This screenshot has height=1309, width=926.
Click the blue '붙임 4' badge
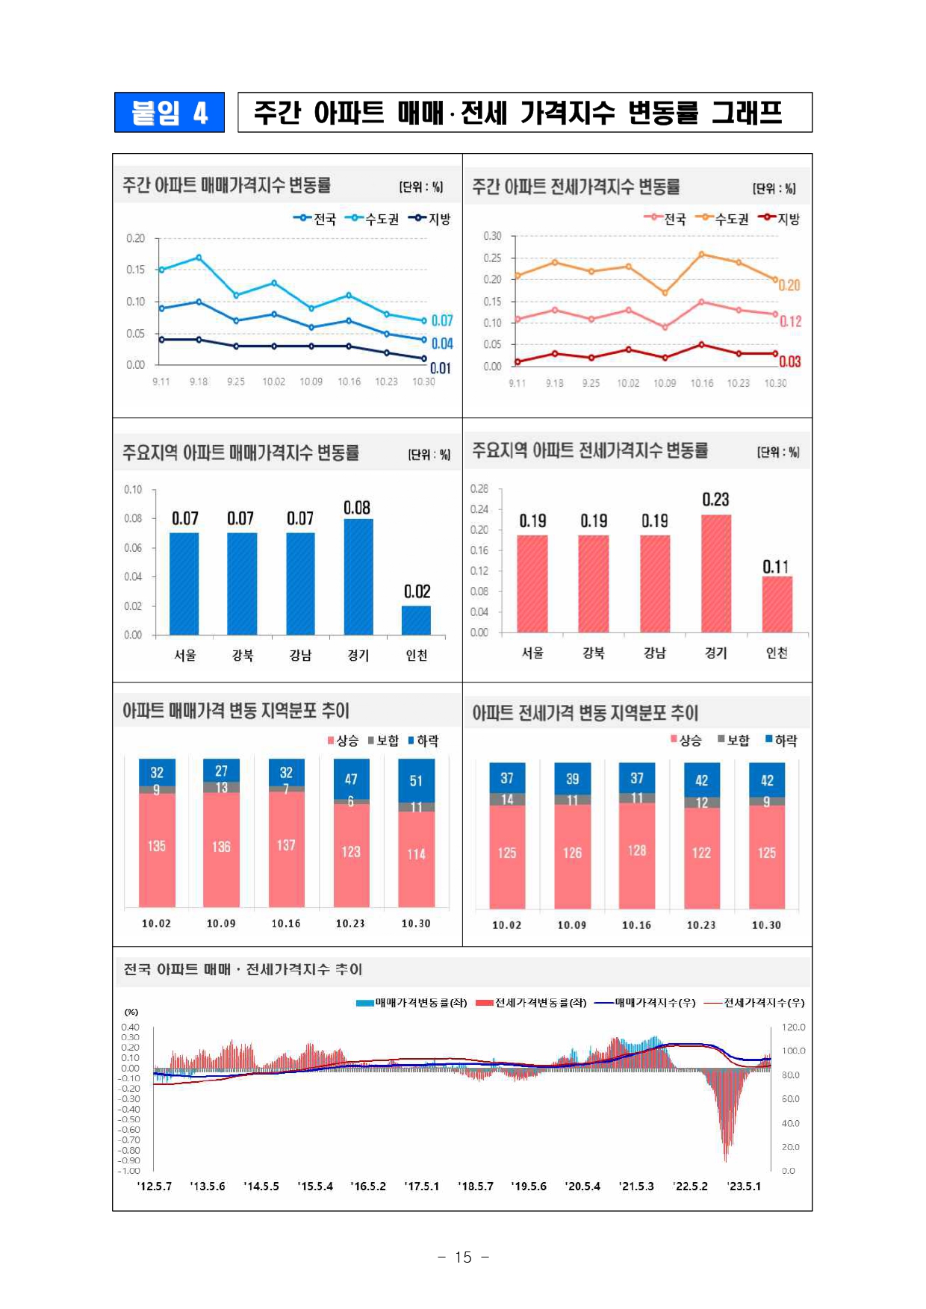170,113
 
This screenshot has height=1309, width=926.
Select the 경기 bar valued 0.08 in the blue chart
358,576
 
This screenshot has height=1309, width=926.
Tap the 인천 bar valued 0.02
416,620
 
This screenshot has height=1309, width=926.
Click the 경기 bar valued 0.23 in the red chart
715,573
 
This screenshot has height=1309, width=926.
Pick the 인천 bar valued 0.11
777,604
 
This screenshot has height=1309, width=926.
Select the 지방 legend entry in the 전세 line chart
780,219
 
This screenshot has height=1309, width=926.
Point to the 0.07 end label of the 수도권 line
442,320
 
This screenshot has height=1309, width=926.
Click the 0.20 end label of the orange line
789,285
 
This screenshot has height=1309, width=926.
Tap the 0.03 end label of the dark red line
789,361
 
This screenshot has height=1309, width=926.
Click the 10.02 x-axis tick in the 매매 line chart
273,382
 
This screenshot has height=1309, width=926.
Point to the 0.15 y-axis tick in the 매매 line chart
135,270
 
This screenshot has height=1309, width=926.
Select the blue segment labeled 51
416,780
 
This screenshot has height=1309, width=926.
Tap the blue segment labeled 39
572,779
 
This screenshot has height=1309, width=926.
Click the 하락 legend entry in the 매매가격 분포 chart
423,741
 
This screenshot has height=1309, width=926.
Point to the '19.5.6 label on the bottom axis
529,1186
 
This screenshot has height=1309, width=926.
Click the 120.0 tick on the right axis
793,1027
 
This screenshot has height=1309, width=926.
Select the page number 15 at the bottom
463,1257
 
